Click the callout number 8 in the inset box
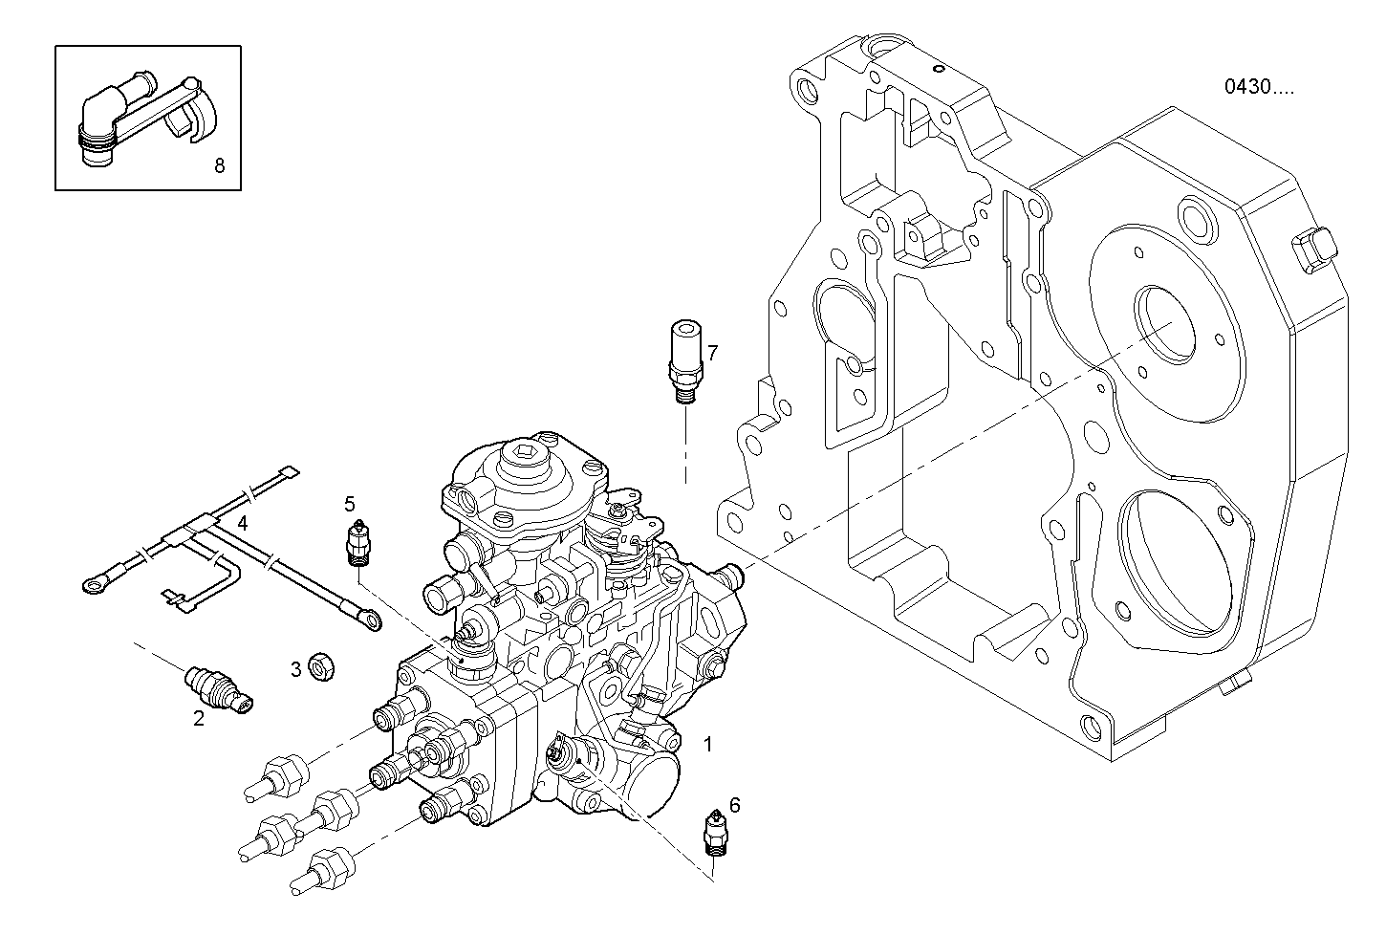219,166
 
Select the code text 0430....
1259,87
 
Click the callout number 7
712,353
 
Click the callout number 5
350,503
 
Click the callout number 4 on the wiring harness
243,523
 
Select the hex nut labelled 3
321,666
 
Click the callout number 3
296,668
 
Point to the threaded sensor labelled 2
217,690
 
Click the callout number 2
198,719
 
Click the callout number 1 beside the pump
707,743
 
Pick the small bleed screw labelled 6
714,831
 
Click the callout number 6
734,805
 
